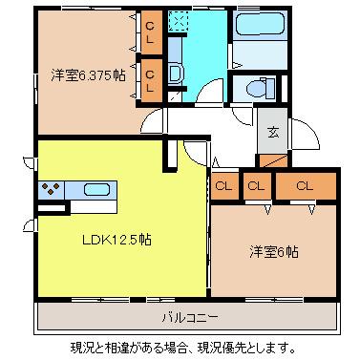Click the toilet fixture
261,88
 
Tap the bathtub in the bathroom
260,23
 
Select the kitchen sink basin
97,190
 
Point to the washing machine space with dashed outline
178,21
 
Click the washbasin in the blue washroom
176,74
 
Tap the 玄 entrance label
273,132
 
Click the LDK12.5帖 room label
116,240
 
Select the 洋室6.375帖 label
88,75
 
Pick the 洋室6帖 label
274,252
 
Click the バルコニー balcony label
190,317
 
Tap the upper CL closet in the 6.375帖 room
151,32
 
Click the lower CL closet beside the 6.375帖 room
150,80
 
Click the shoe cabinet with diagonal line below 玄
273,160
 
